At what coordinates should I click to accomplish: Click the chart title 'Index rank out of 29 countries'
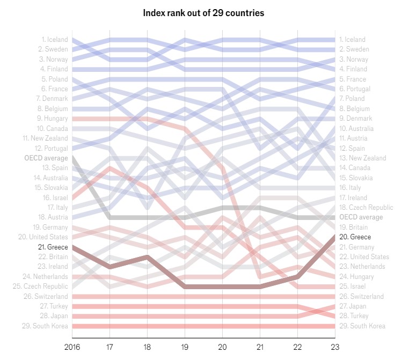[x=203, y=12]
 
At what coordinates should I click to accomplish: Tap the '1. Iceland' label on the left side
[x=55, y=39]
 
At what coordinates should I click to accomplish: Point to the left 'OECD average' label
[x=46, y=158]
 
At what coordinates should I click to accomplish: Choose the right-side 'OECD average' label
[x=361, y=217]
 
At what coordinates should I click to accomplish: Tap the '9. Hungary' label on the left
[x=53, y=119]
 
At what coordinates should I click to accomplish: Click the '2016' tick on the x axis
[x=72, y=347]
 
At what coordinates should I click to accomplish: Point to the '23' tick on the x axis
[x=335, y=347]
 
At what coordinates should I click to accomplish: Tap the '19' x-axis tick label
[x=185, y=347]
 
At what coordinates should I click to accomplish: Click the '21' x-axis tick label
[x=260, y=347]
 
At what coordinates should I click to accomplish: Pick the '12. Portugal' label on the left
[x=52, y=148]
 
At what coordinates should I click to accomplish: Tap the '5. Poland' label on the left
[x=54, y=79]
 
